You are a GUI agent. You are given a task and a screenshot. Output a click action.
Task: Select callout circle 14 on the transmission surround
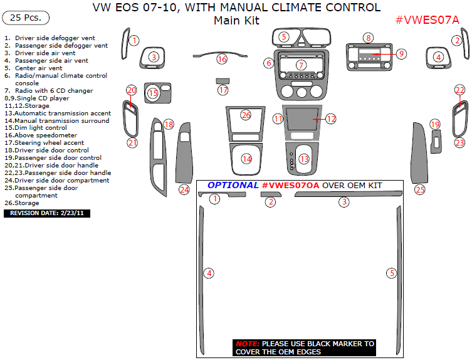(x=247, y=159)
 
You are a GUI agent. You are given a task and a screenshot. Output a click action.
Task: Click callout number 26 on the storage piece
(x=246, y=115)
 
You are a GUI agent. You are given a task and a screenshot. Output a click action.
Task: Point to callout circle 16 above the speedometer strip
(x=222, y=59)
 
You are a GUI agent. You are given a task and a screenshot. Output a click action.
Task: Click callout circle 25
(x=420, y=189)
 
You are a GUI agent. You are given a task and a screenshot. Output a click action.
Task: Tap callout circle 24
(x=184, y=189)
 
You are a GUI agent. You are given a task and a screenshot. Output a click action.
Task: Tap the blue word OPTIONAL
(x=233, y=186)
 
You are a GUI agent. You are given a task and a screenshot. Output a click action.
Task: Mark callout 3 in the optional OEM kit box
(x=344, y=202)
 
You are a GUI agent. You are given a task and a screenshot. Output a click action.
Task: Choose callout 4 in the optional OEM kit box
(x=209, y=273)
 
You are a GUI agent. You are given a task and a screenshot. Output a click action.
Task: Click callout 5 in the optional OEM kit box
(x=392, y=273)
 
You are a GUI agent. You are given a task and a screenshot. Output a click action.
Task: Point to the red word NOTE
(x=246, y=344)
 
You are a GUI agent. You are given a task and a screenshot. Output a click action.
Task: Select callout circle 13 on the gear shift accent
(x=304, y=159)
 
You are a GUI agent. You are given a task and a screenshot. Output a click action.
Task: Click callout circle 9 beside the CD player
(x=401, y=53)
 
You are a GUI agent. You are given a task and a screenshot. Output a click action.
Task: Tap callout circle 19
(x=436, y=125)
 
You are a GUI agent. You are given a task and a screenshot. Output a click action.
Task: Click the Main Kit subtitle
(x=236, y=20)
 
